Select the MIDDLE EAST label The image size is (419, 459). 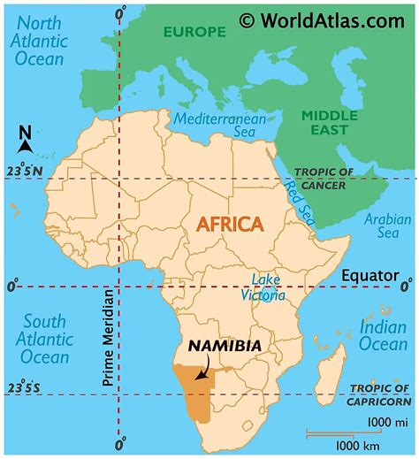click(x=331, y=122)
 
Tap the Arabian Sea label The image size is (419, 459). click(x=390, y=226)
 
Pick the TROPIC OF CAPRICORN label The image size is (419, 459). click(x=378, y=394)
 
